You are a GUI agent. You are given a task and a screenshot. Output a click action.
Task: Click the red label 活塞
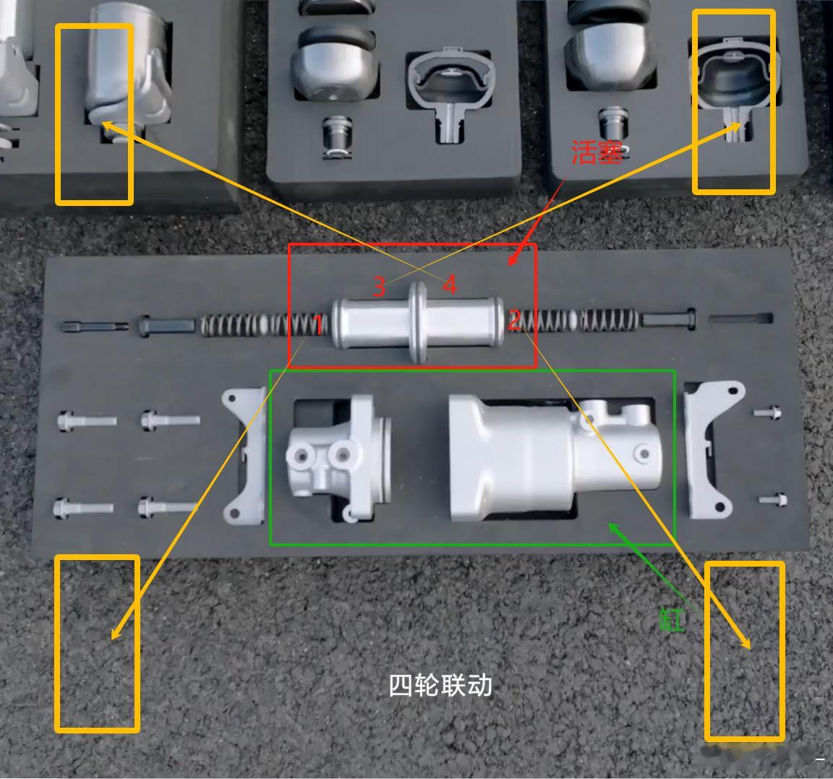597,152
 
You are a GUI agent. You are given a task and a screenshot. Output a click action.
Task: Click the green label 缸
672,619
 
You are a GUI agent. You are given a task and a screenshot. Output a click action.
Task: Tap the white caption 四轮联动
440,685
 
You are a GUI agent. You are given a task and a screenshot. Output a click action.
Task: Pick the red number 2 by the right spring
514,319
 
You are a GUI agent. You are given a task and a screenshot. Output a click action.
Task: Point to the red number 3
379,287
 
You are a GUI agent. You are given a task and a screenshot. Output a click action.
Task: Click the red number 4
450,285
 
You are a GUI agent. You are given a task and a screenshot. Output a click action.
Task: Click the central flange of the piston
417,322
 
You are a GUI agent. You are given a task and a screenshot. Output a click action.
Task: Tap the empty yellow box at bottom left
97,643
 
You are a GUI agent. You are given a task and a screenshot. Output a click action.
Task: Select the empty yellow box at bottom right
745,651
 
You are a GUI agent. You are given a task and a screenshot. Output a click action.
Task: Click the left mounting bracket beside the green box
244,455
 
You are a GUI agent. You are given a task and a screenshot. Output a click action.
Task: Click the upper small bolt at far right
767,413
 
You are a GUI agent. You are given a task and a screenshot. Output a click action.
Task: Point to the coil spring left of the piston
253,324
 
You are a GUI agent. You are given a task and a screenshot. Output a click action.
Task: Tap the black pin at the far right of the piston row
741,318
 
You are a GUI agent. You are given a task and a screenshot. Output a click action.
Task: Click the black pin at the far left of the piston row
94,326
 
